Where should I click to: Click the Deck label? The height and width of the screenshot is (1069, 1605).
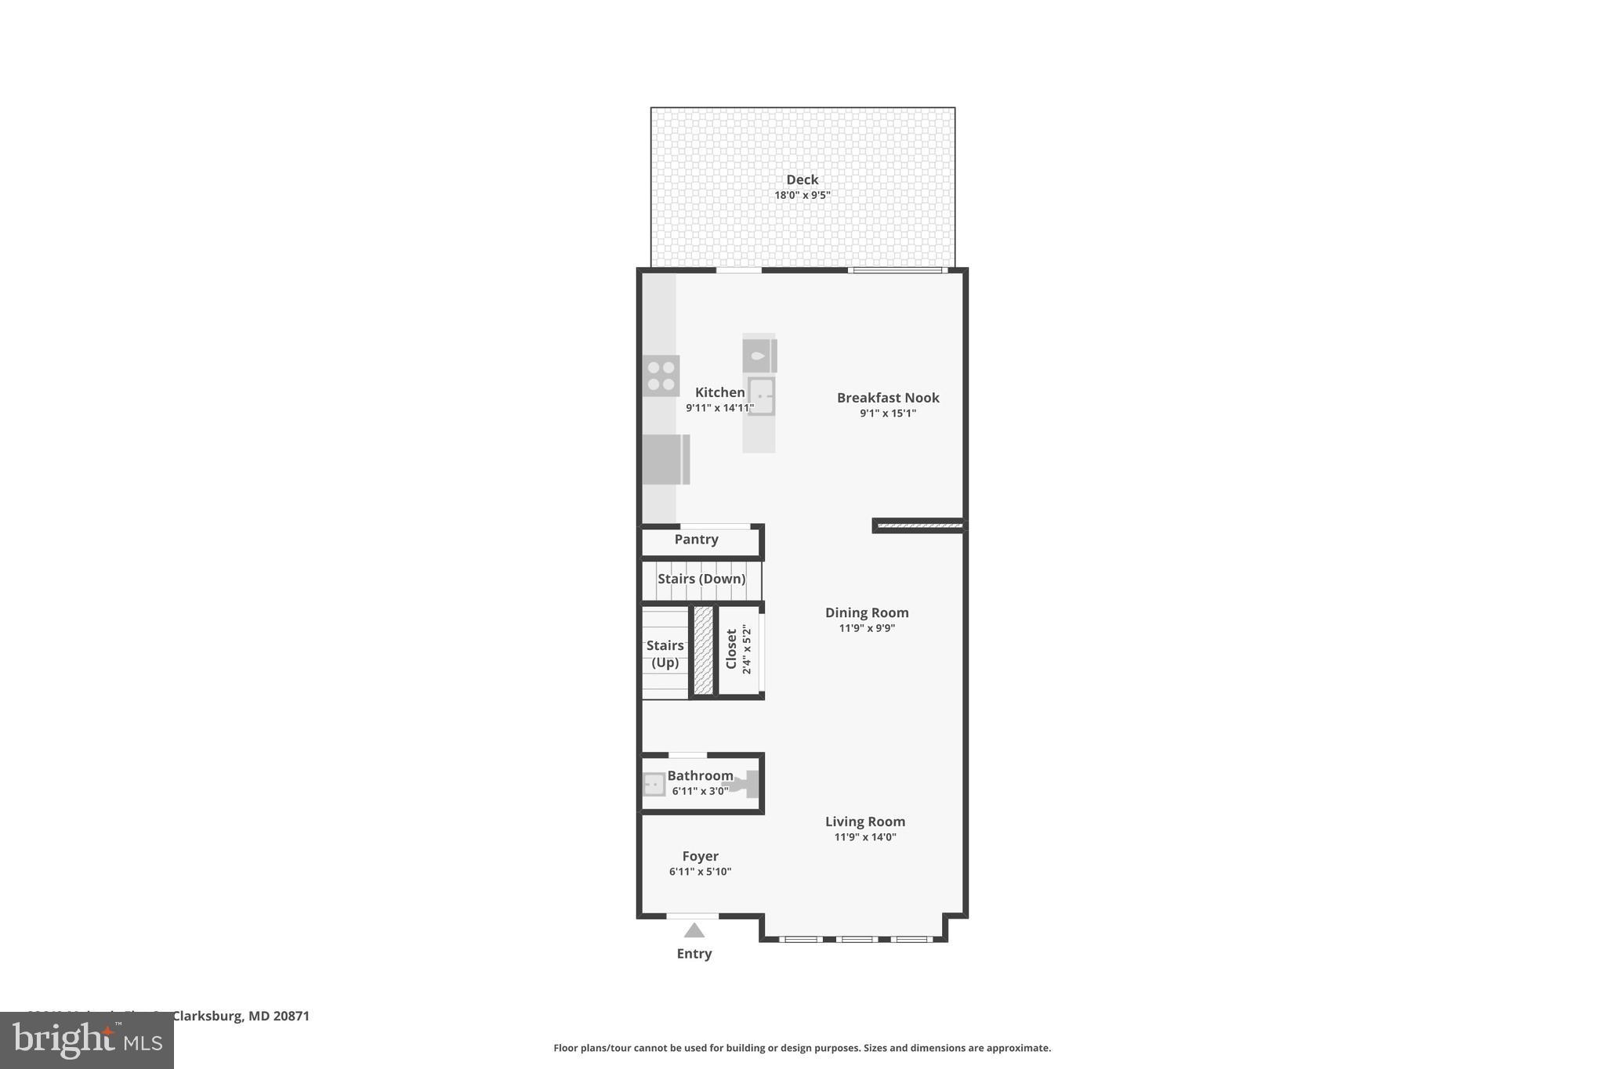(802, 180)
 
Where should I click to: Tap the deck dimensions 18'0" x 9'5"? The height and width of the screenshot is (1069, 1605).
(802, 196)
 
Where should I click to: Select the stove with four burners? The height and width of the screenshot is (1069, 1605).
(661, 376)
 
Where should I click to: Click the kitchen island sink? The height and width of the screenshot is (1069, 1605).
(760, 396)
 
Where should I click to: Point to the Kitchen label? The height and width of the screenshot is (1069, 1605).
(719, 392)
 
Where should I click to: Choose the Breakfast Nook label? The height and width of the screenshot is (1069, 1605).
(887, 398)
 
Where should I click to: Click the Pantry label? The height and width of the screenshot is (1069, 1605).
(696, 540)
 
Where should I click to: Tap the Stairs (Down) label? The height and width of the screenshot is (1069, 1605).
(701, 579)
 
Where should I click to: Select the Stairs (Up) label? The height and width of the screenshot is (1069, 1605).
(665, 654)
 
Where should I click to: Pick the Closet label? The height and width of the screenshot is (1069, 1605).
(731, 649)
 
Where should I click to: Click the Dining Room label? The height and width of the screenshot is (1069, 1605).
(866, 613)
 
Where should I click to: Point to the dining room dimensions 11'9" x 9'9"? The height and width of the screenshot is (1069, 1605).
(866, 628)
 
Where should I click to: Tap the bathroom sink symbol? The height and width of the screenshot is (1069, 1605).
(654, 784)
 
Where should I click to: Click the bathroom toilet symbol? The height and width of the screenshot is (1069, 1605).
(745, 783)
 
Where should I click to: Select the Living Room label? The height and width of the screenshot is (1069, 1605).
(864, 822)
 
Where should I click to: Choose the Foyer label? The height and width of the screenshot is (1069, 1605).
(700, 857)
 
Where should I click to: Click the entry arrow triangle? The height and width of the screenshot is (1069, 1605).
(694, 930)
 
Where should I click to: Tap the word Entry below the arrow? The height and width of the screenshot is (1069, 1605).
(694, 954)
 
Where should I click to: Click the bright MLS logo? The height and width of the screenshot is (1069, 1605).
(87, 1040)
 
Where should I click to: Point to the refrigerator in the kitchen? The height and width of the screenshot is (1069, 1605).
(665, 459)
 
